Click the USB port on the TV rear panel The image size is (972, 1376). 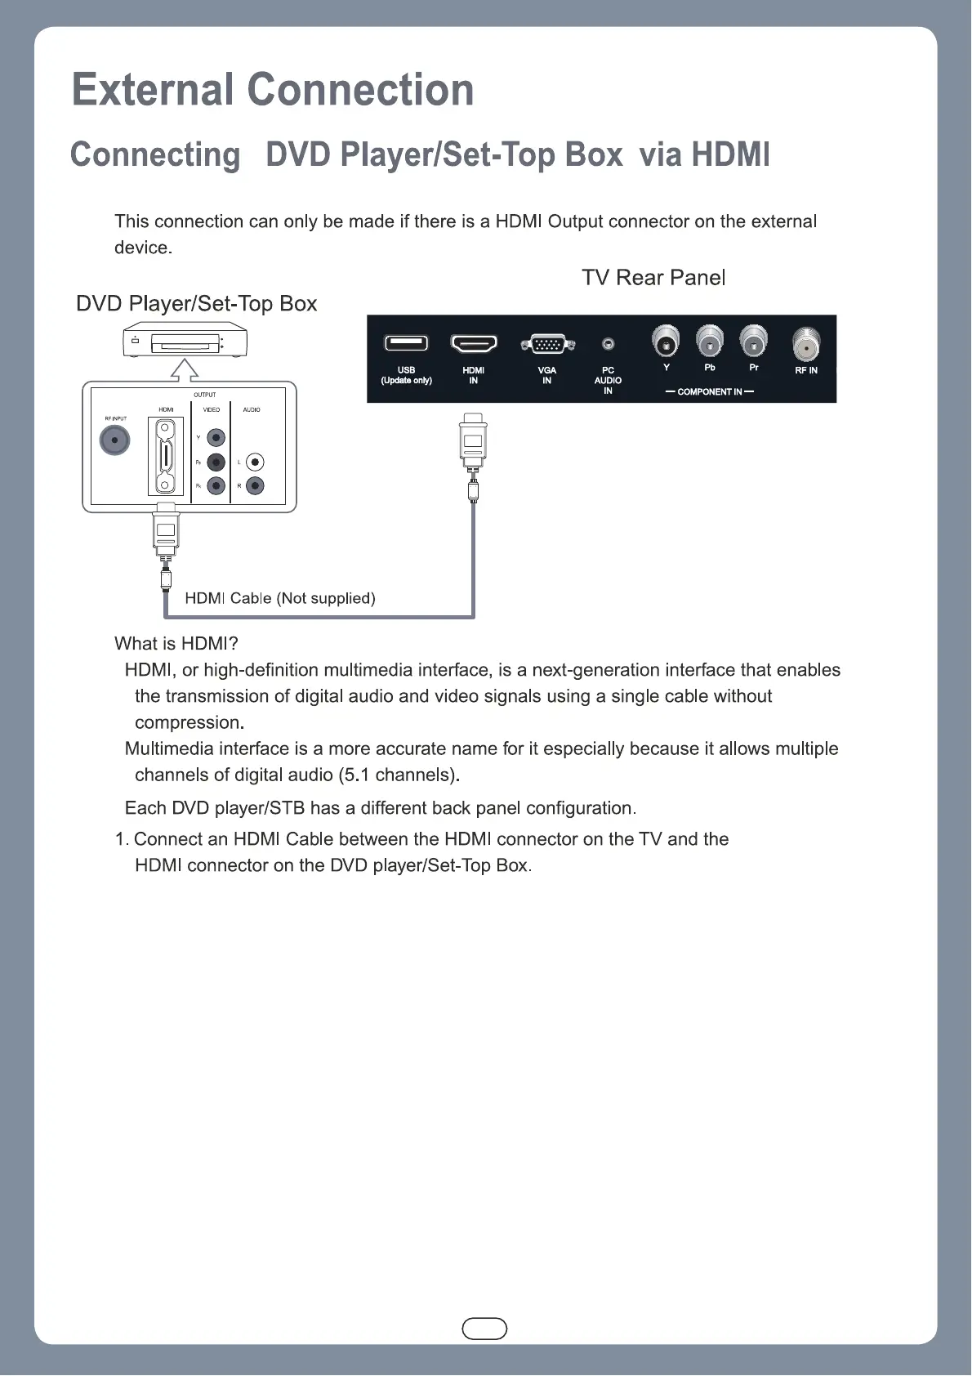pos(406,343)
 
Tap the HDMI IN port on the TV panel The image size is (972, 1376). pos(474,343)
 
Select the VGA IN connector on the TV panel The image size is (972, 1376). pos(547,344)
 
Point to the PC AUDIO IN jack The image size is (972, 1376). pos(608,345)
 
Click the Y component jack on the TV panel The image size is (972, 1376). pos(667,342)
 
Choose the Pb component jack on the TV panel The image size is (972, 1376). pos(710,341)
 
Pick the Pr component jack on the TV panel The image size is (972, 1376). pos(753,341)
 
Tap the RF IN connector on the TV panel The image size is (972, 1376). pos(806,345)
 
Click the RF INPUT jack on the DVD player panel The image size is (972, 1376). pos(115,441)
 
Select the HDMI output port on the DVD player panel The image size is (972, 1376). pos(166,457)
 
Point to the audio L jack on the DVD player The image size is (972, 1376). pos(255,462)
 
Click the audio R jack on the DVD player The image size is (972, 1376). pos(255,486)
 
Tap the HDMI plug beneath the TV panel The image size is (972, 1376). pos(473,441)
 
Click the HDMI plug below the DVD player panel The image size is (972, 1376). pos(166,531)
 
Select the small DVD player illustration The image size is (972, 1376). pos(185,341)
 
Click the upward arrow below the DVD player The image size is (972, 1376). pos(185,370)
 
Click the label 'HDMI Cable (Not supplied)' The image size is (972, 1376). pos(280,598)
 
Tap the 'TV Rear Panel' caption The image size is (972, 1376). pos(653,278)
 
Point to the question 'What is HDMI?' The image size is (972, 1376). pos(176,644)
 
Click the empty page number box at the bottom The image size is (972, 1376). pos(484,1329)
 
